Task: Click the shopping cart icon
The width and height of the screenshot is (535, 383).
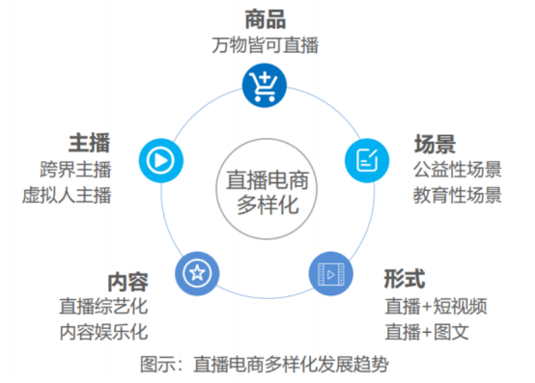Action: [265, 85]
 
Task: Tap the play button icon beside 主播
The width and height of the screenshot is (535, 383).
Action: [161, 160]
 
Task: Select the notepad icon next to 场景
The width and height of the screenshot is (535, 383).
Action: [367, 160]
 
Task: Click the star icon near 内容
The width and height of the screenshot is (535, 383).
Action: [197, 273]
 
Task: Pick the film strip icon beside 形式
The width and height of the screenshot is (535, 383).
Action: [330, 274]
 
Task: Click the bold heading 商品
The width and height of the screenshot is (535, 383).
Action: [266, 19]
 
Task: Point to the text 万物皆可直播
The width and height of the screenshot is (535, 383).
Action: [266, 45]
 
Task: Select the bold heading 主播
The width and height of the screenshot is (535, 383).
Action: [90, 143]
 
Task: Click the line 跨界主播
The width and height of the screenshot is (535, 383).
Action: [75, 169]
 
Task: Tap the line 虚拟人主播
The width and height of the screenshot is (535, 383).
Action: [67, 195]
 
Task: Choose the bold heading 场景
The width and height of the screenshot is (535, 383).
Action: [435, 144]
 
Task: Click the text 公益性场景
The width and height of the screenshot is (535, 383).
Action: [458, 169]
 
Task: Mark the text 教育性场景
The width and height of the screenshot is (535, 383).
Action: [458, 195]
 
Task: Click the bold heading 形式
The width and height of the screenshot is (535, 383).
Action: [405, 279]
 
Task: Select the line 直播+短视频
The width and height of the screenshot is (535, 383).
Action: [436, 306]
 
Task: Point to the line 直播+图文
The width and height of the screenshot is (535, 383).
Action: [427, 332]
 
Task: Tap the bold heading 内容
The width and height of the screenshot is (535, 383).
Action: [127, 282]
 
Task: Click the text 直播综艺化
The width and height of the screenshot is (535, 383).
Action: [103, 306]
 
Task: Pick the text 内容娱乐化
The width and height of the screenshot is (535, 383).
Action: [103, 332]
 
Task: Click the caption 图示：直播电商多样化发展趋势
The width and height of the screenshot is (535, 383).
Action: [265, 365]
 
